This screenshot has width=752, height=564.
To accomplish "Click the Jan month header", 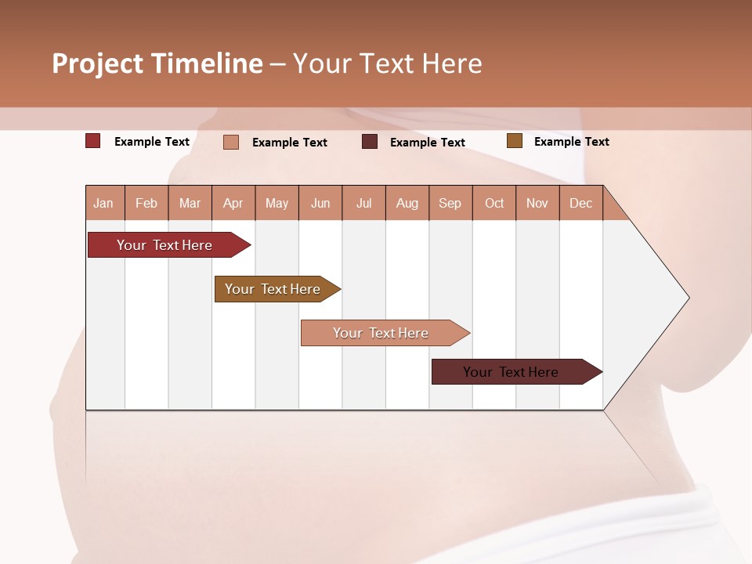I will [104, 203].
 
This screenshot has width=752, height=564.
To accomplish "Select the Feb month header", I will [146, 203].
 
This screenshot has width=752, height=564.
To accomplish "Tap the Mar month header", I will [190, 203].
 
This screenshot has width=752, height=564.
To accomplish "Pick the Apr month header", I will [233, 203].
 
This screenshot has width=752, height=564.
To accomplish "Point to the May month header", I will [277, 203].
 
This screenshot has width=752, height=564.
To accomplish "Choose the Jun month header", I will [320, 203].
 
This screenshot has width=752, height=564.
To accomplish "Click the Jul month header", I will [363, 203].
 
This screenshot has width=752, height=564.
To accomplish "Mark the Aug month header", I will [407, 203].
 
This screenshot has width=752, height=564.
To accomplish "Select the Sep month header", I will [450, 203].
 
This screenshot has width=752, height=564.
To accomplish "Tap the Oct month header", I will [494, 203].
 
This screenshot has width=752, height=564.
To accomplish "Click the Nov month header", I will [537, 203].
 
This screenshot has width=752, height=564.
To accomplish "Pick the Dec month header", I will [581, 203].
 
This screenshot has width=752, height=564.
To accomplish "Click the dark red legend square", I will [93, 141].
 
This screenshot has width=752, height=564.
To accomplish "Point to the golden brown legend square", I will [514, 141].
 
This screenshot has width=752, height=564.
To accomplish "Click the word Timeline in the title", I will [207, 63].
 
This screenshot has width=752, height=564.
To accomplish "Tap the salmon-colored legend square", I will [231, 142].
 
